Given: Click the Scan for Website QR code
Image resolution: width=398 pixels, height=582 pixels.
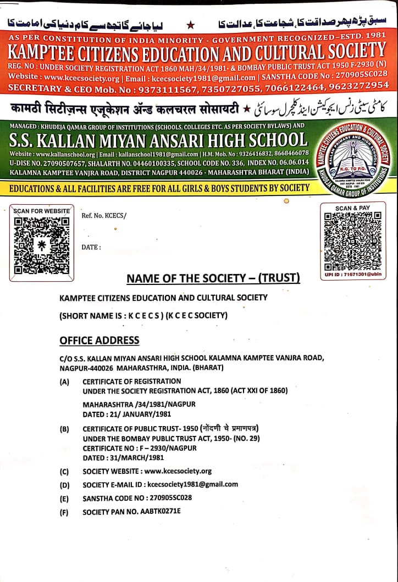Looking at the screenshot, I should pyautogui.click(x=42, y=245).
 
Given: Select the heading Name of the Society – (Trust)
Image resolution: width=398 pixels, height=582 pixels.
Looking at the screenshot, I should pyautogui.click(x=213, y=278).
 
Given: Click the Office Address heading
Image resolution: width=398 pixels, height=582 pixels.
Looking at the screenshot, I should pyautogui.click(x=99, y=340).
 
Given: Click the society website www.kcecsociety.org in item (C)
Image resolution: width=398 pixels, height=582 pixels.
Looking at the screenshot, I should pyautogui.click(x=178, y=471).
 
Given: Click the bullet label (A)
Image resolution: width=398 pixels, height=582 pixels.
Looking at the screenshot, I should pyautogui.click(x=65, y=382).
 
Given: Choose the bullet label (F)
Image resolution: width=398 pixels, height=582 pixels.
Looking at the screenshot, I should pyautogui.click(x=65, y=512).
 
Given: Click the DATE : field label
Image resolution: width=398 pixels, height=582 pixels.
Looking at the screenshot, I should pyautogui.click(x=91, y=247).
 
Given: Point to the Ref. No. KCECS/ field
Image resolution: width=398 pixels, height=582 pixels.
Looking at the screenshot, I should pyautogui.click(x=104, y=215).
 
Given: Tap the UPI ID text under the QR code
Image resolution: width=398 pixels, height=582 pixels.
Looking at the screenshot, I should pyautogui.click(x=352, y=273).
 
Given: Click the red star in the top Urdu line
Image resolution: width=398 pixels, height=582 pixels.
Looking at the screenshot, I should pyautogui.click(x=191, y=25).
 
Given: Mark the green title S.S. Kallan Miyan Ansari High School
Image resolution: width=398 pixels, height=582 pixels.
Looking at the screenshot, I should pyautogui.click(x=158, y=139).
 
